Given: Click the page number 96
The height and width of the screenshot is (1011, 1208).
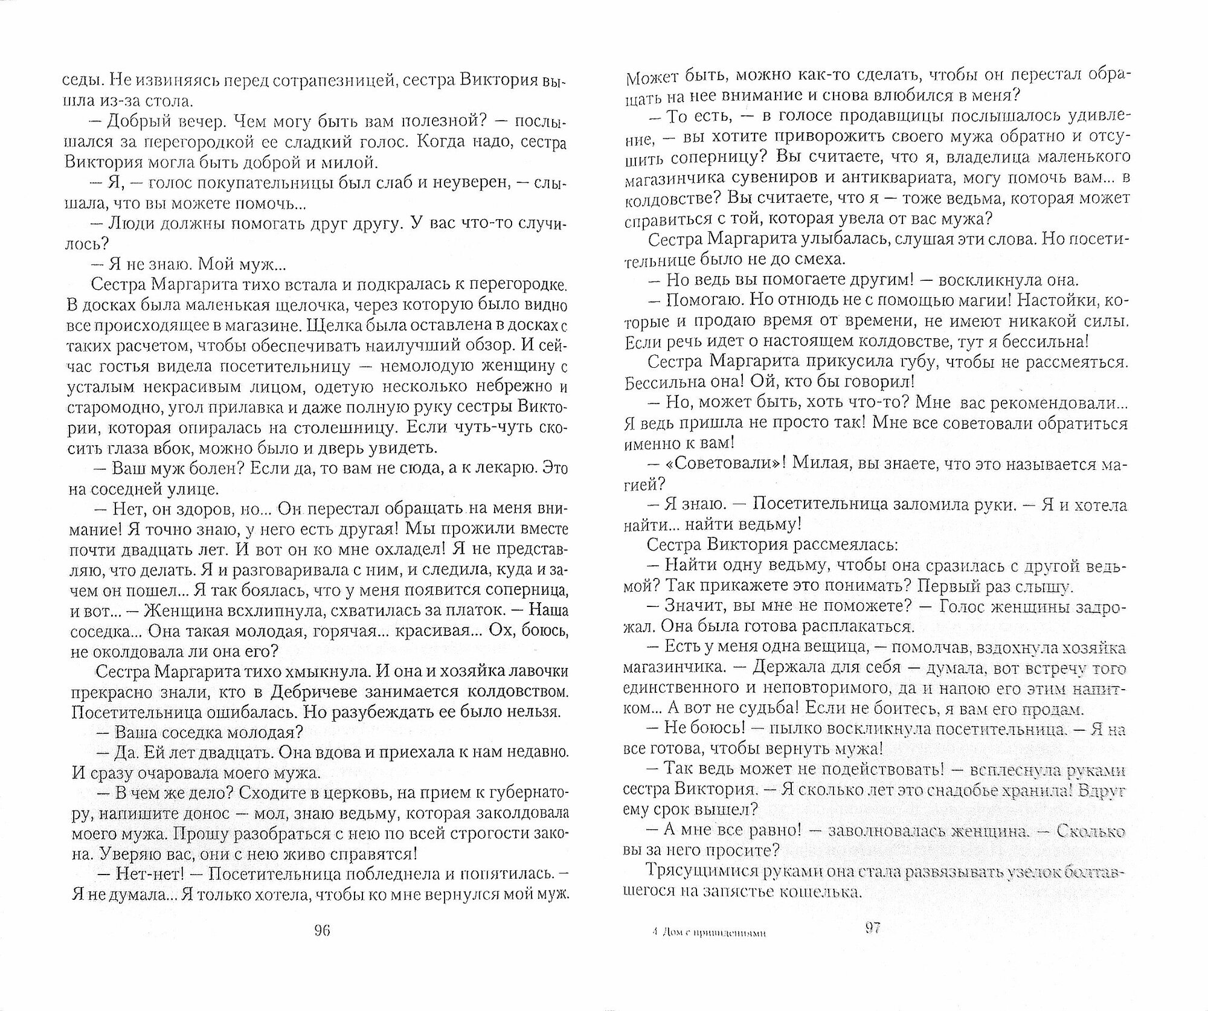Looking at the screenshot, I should click(321, 947).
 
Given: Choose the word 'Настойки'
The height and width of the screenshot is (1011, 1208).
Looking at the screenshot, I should click(1064, 300).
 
